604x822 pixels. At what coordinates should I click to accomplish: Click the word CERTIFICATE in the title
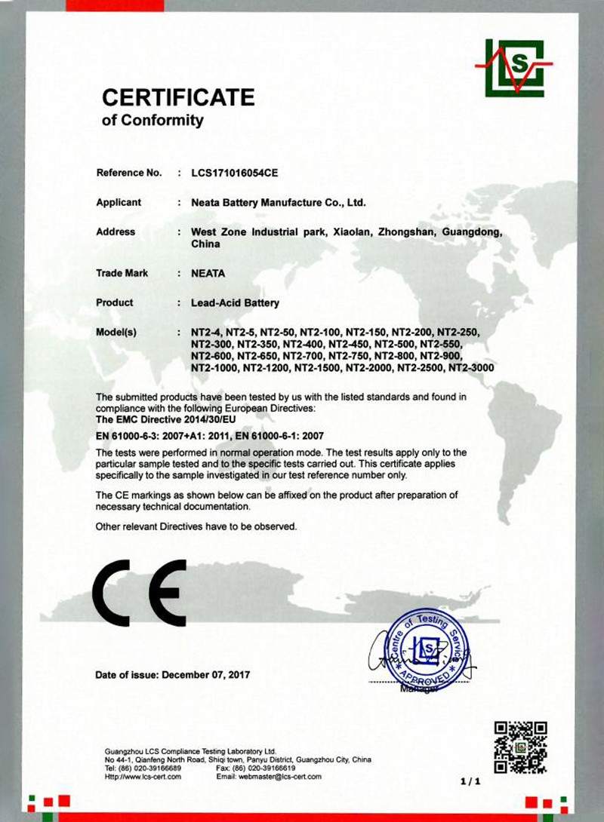click(178, 97)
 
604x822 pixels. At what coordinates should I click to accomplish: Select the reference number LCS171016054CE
click(236, 173)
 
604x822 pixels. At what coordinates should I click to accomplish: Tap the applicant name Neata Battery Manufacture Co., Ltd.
click(279, 203)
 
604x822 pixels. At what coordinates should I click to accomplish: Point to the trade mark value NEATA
click(208, 274)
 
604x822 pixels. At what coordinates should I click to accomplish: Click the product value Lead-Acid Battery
click(236, 303)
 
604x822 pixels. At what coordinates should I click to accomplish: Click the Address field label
click(116, 232)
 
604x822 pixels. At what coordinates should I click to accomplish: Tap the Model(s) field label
click(116, 332)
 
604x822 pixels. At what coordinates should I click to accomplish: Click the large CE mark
click(140, 592)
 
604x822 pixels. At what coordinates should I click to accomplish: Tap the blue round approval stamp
click(428, 648)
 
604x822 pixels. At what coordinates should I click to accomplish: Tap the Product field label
click(115, 303)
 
